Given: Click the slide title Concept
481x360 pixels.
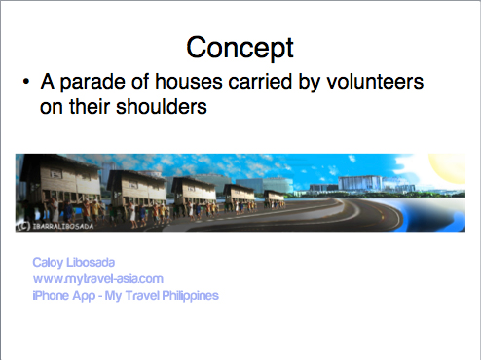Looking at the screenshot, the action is pos(240,48).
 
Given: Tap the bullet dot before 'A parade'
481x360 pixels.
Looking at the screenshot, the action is pos(26,82).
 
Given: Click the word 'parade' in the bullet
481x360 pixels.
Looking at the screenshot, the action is pos(92,82).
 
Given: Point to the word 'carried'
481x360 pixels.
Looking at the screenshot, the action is pos(260,81).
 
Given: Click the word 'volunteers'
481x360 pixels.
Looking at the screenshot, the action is pos(375,81).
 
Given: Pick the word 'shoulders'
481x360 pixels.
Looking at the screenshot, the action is pos(162,107).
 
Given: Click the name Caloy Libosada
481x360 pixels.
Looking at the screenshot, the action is pos(74,263).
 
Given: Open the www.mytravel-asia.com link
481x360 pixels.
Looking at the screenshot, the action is pos(98,279).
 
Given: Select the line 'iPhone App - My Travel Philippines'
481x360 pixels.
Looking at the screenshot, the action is pos(126,296).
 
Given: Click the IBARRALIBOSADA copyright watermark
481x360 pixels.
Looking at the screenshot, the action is pos(55,226).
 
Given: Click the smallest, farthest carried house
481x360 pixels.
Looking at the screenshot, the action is pos(275,197).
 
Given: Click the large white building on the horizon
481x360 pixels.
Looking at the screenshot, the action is pos(360,183).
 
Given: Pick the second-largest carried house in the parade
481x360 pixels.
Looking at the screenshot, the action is pos(137,186).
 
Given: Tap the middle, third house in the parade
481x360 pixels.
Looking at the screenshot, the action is pos(194,191).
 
